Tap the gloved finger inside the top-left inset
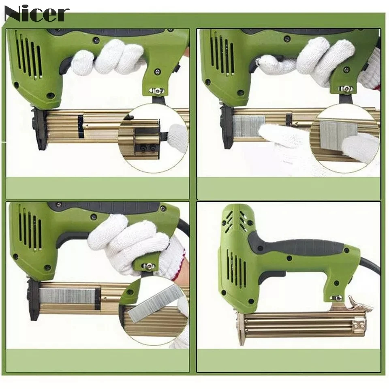(176, 136)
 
